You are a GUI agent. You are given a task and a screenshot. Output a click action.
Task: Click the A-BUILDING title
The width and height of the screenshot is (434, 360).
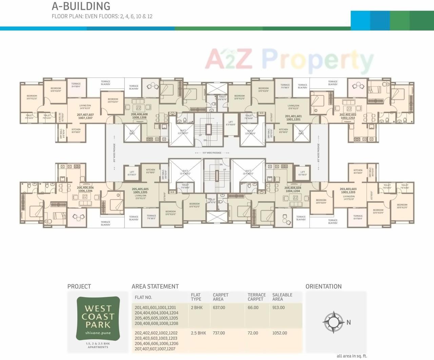pyautogui.click(x=81, y=6)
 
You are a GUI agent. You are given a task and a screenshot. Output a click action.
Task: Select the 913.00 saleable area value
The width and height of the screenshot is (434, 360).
pyautogui.click(x=278, y=308)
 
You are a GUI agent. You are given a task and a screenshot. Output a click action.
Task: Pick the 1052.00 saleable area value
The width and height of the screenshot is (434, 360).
pyautogui.click(x=279, y=333)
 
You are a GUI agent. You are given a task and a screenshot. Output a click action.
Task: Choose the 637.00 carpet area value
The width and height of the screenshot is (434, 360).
pyautogui.click(x=219, y=308)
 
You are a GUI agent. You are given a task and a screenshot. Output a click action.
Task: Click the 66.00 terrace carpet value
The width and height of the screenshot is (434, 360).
pyautogui.click(x=253, y=308)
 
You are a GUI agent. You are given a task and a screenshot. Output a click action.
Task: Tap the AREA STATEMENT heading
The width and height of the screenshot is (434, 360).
pyautogui.click(x=155, y=287)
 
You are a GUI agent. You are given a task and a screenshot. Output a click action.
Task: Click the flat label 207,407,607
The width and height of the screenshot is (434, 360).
pyautogui.click(x=85, y=115)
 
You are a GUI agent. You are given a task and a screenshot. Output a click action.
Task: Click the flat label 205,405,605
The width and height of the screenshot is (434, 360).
pyautogui.click(x=140, y=189)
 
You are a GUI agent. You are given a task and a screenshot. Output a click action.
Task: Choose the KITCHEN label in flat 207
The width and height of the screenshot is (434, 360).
pyautogui.click(x=76, y=131)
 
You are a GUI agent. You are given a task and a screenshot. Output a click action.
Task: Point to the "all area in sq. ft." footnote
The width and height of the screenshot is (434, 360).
pyautogui.click(x=352, y=356)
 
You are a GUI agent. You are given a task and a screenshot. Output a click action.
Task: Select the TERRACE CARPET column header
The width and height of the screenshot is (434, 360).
pyautogui.click(x=257, y=297)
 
